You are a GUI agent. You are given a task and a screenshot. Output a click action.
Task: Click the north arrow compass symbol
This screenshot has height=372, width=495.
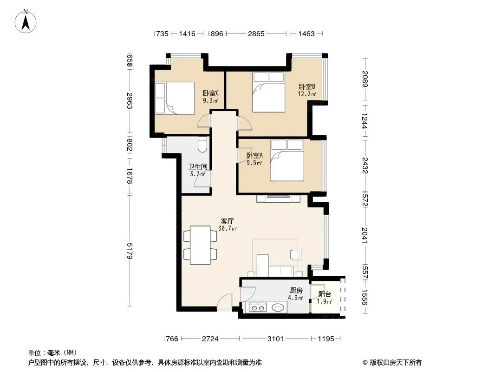(26, 21)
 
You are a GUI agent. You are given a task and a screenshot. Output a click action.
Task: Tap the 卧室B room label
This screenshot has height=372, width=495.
(307, 86)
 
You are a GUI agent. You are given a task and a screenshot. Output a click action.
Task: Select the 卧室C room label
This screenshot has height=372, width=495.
(210, 93)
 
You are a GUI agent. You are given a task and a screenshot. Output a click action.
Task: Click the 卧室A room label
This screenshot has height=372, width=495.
(254, 155)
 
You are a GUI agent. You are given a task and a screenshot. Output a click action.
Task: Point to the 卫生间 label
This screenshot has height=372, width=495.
(198, 166)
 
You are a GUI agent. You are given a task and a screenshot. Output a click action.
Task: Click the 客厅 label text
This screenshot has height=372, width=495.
(227, 221)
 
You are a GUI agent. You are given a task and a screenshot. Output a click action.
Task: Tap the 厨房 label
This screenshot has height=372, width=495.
(296, 291)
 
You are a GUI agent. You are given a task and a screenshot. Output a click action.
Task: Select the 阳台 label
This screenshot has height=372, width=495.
(325, 294)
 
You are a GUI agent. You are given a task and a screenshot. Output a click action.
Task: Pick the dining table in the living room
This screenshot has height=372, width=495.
(200, 245)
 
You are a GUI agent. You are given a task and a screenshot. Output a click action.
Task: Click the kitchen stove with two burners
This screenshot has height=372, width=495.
(258, 307)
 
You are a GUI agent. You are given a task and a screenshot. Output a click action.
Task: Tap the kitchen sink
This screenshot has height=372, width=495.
(278, 307)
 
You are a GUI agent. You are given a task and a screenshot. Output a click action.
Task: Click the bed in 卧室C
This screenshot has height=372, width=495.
(175, 98)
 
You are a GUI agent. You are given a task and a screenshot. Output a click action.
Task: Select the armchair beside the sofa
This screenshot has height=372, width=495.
(296, 254)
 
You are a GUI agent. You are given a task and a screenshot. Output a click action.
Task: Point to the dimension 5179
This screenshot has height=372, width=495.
(129, 251)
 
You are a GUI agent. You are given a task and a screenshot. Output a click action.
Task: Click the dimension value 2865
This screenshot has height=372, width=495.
(256, 33)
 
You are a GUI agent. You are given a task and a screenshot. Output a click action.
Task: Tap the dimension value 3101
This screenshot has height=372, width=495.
(276, 339)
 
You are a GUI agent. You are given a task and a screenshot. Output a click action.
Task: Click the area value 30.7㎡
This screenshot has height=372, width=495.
(228, 228)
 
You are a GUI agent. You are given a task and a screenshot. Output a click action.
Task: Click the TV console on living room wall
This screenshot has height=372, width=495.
(278, 199)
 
